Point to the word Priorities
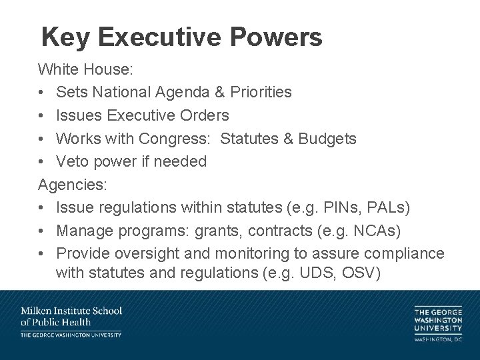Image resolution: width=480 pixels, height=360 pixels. pyautogui.click(x=261, y=92)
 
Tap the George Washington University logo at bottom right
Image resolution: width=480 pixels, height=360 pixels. pyautogui.click(x=437, y=324)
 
